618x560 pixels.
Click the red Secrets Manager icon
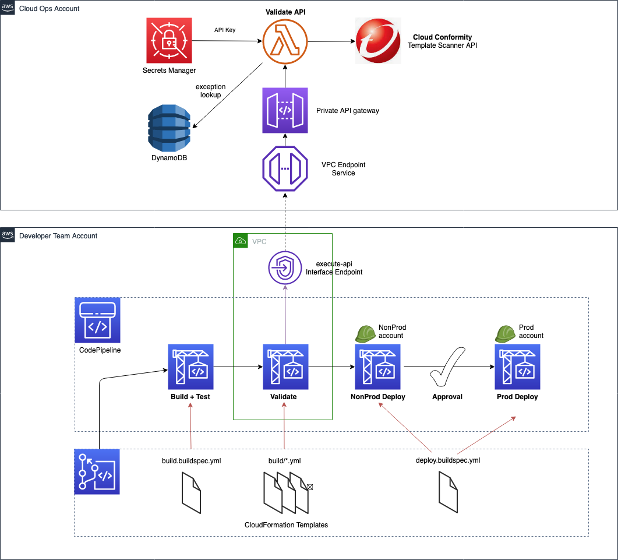click(x=169, y=41)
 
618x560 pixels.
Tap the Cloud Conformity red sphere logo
click(x=377, y=41)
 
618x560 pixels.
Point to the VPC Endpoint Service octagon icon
click(x=285, y=169)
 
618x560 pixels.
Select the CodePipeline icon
click(x=97, y=320)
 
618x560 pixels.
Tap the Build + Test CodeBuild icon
click(x=190, y=367)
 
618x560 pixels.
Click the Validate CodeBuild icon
click(x=285, y=367)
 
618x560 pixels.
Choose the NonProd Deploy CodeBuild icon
click(x=377, y=367)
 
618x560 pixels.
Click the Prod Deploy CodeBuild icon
click(x=517, y=367)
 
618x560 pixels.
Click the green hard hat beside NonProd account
click(x=366, y=333)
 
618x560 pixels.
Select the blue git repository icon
click(x=97, y=471)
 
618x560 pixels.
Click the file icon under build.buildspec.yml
click(x=191, y=492)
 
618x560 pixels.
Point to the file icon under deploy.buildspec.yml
click(x=447, y=492)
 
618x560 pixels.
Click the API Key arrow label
click(x=225, y=30)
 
